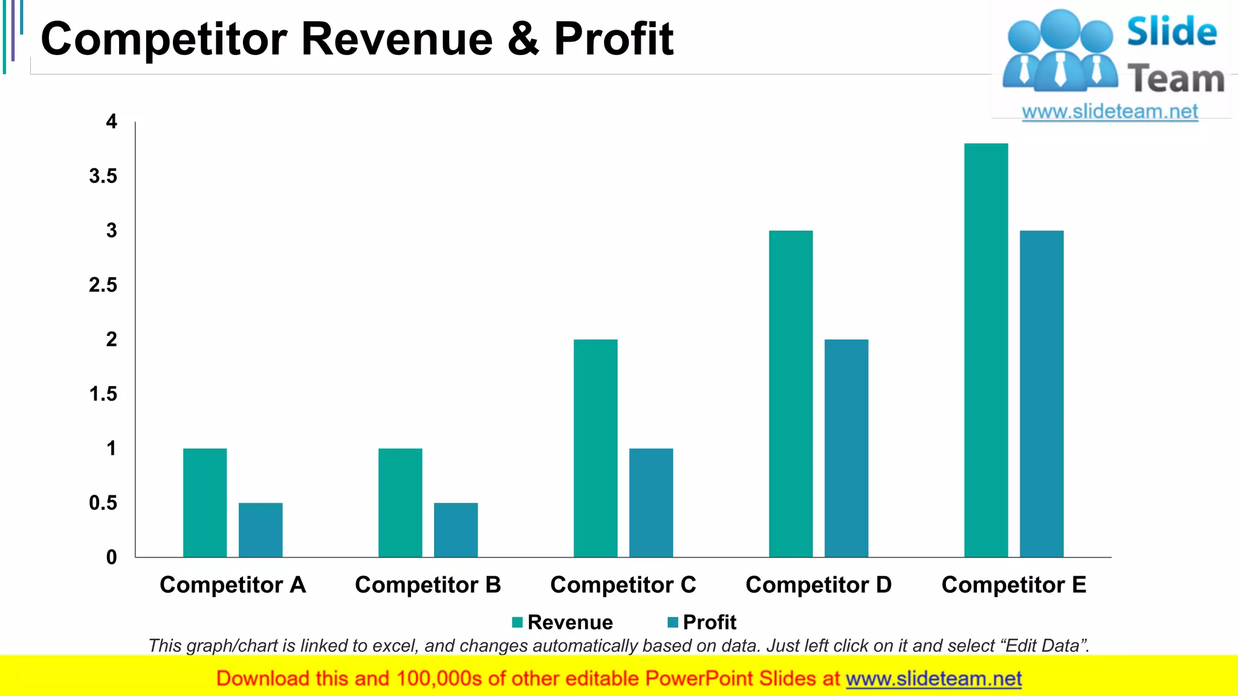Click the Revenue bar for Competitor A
205,503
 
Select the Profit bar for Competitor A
261,530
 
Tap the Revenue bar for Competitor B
400,503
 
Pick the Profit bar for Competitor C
651,503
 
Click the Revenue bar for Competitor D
791,394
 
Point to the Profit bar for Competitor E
1042,394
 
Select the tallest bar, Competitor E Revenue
986,350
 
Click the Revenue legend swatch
517,622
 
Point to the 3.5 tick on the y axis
103,176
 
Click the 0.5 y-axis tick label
103,503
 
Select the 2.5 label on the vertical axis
103,285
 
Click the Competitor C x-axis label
623,585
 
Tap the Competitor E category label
1014,585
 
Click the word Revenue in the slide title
397,39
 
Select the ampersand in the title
523,39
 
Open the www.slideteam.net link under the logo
1110,112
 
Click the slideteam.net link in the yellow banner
933,679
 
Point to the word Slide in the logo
1172,31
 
